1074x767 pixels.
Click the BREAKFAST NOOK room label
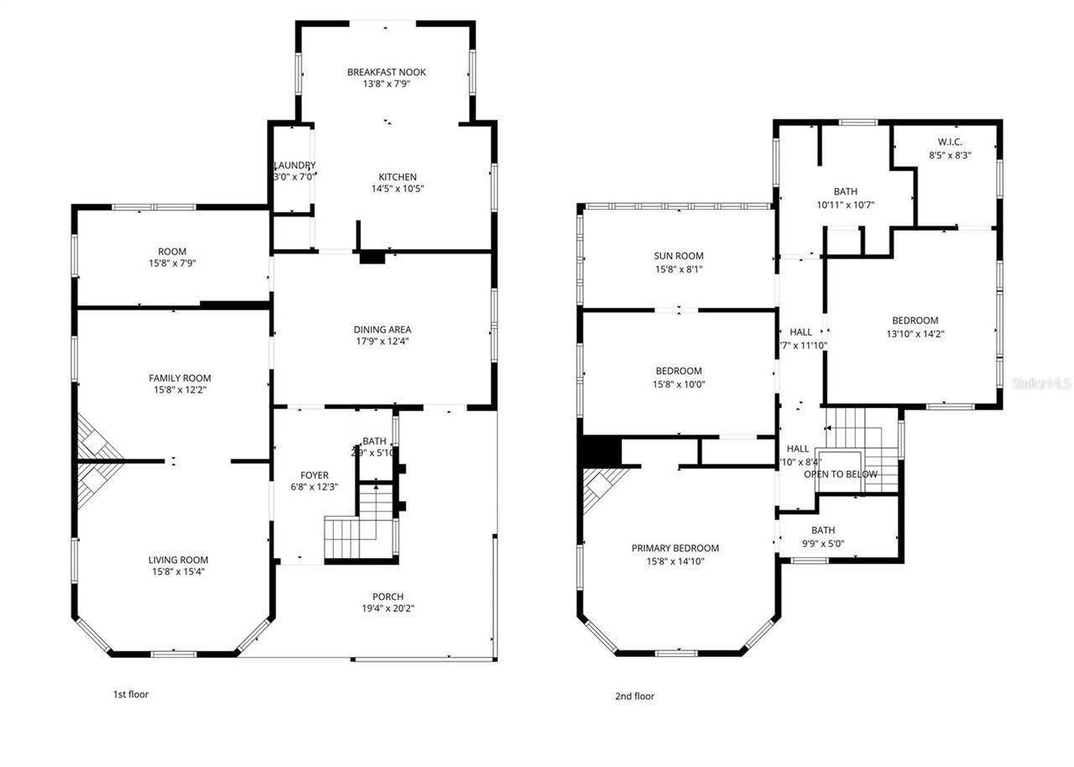(387, 72)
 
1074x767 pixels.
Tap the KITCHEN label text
(398, 177)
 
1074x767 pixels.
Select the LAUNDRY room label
(295, 165)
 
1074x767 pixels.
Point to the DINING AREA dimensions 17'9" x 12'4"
(382, 342)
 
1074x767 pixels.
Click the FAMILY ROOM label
(180, 378)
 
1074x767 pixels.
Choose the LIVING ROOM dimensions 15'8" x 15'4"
(179, 572)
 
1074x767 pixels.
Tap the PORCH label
(388, 597)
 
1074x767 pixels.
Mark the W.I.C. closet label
(950, 142)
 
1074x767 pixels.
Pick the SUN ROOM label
(679, 256)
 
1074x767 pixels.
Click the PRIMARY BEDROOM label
(675, 549)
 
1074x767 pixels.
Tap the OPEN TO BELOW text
(841, 474)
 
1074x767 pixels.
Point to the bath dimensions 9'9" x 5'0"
(822, 543)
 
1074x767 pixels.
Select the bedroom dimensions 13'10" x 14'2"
(915, 333)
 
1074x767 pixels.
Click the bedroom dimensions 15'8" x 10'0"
(679, 384)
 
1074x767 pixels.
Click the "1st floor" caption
(131, 694)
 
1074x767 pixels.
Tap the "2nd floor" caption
(634, 696)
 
